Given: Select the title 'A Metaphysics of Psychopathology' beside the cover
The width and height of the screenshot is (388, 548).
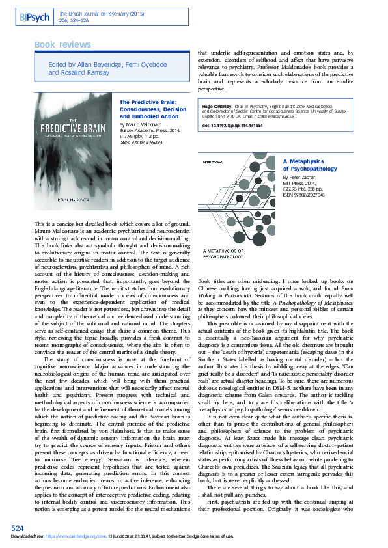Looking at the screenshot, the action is (310, 164).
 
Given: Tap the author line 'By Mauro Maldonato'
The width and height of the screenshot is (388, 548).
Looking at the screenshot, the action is (141, 123).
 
